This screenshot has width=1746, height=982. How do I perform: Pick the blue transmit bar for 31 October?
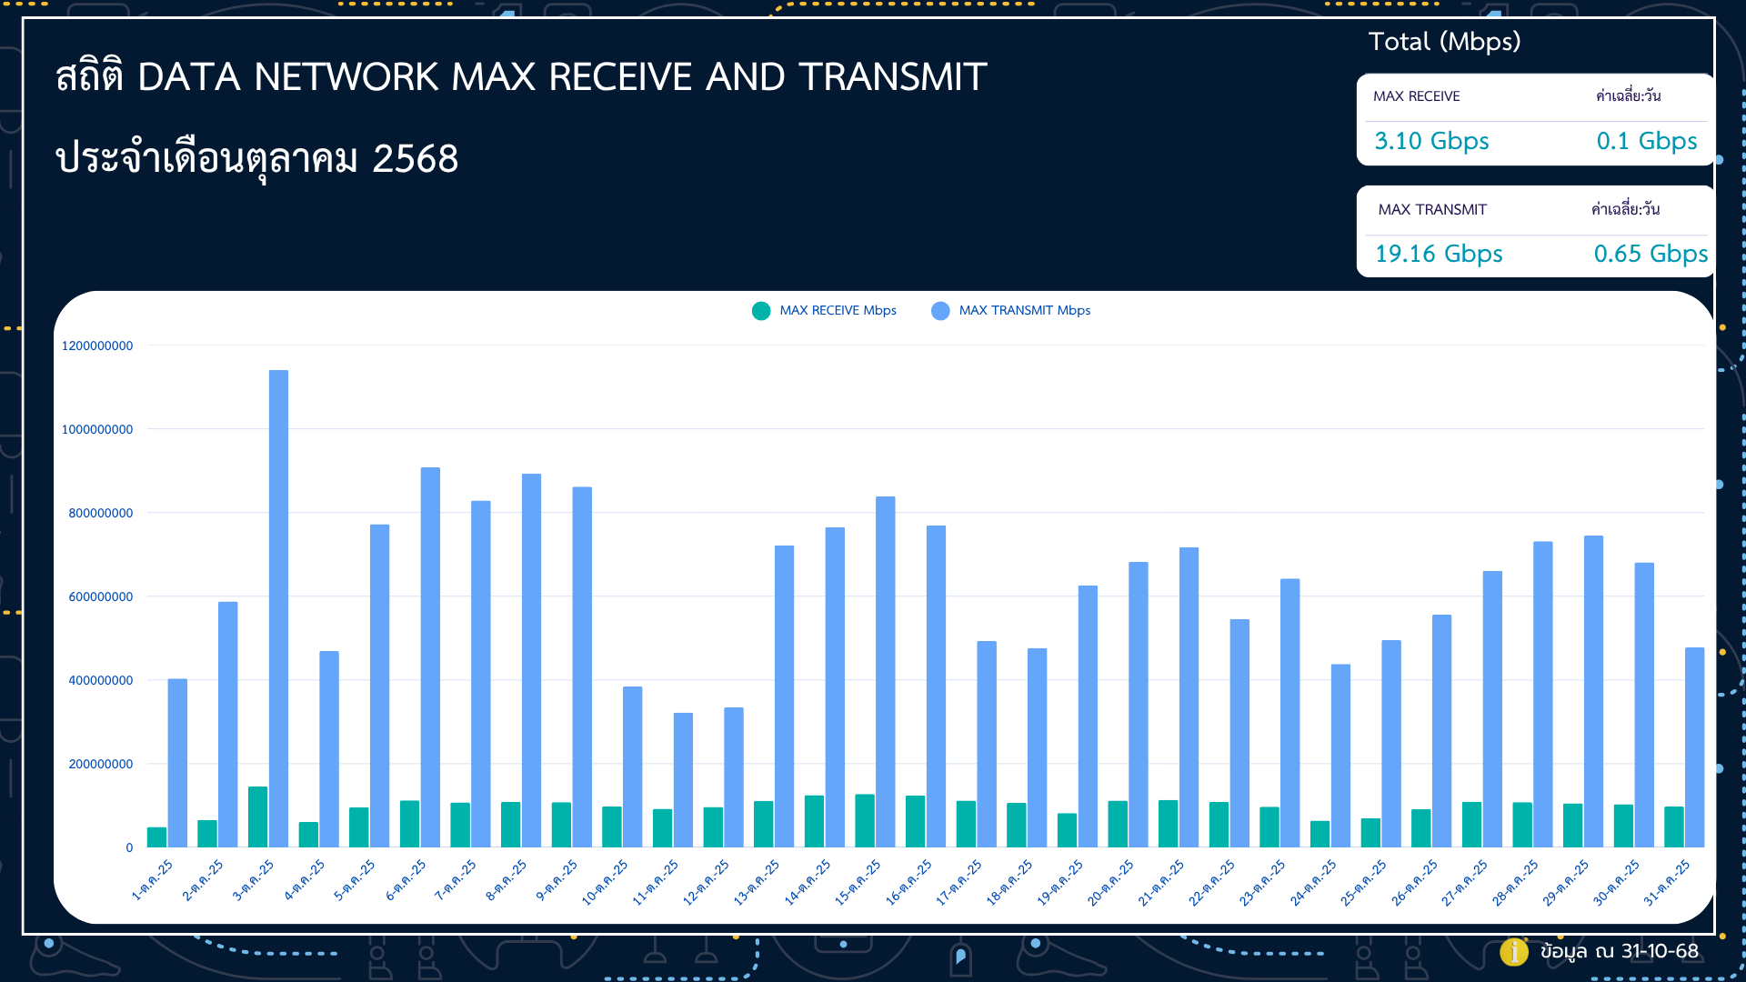point(1694,747)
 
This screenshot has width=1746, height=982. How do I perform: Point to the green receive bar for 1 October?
point(157,837)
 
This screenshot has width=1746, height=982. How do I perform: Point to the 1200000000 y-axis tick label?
point(97,346)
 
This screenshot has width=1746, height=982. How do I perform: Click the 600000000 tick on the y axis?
point(101,596)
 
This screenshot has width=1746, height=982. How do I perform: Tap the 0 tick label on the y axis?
point(129,847)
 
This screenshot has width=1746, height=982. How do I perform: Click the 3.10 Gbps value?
point(1431,141)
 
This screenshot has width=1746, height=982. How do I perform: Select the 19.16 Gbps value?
point(1439,254)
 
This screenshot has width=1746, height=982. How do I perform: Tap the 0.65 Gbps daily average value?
point(1651,254)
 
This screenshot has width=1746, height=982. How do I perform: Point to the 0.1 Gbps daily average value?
point(1647,141)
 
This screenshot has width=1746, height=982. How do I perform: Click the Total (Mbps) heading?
point(1444,42)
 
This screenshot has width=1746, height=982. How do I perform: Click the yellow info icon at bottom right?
point(1513,951)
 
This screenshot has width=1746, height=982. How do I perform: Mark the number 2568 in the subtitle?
point(416,159)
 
